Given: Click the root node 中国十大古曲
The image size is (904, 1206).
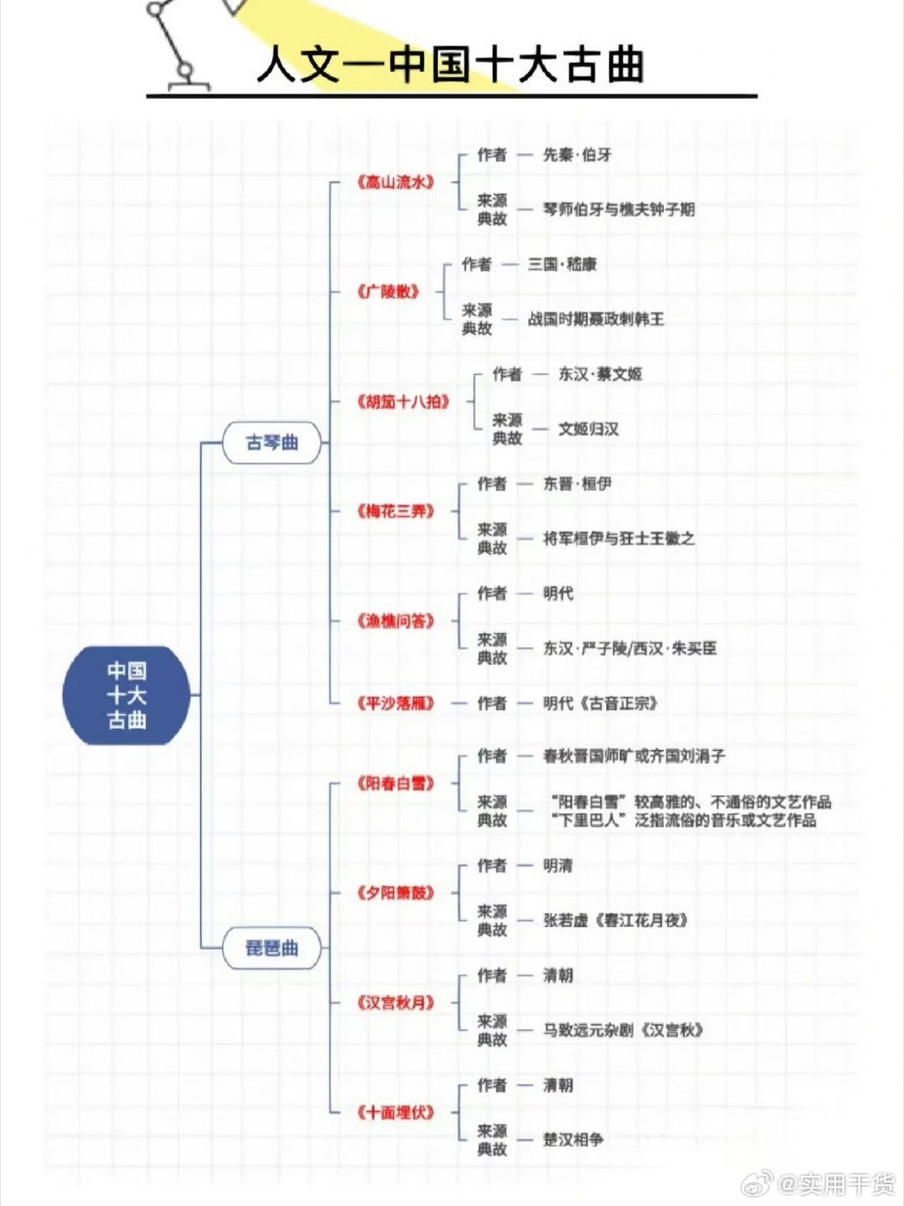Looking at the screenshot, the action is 126,695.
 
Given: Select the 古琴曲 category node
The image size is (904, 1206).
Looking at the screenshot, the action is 271,443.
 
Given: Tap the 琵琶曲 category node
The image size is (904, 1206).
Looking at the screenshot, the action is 271,948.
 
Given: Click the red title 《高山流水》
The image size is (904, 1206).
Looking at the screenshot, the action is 395,182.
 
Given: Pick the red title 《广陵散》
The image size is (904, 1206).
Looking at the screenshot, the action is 388,291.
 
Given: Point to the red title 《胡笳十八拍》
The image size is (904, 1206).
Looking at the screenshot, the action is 403,402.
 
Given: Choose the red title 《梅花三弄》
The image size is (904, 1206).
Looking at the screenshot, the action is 395,512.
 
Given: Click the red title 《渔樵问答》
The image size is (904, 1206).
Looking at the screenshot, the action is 395,621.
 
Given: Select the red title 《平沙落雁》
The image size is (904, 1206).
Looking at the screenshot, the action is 395,703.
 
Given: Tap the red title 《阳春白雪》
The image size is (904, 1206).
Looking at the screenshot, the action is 395,784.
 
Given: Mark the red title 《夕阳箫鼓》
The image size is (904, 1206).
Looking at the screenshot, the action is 395,893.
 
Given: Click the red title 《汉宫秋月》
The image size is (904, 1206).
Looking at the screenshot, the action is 395,1002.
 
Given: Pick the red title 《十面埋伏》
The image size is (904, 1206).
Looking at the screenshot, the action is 395,1112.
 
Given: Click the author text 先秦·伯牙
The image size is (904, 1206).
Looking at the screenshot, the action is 577,155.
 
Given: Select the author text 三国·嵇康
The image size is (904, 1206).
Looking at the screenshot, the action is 562,265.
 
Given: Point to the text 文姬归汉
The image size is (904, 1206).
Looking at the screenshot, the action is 588,429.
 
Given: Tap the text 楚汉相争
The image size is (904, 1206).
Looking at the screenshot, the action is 573,1140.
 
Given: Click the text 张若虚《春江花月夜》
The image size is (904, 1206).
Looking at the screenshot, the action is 615,920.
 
